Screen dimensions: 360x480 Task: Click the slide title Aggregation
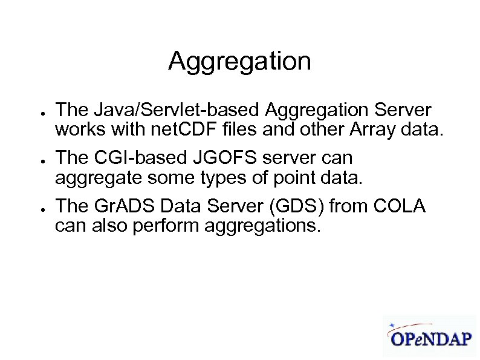pyautogui.click(x=239, y=62)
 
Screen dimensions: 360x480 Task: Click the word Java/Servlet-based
pyautogui.click(x=163, y=111)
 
